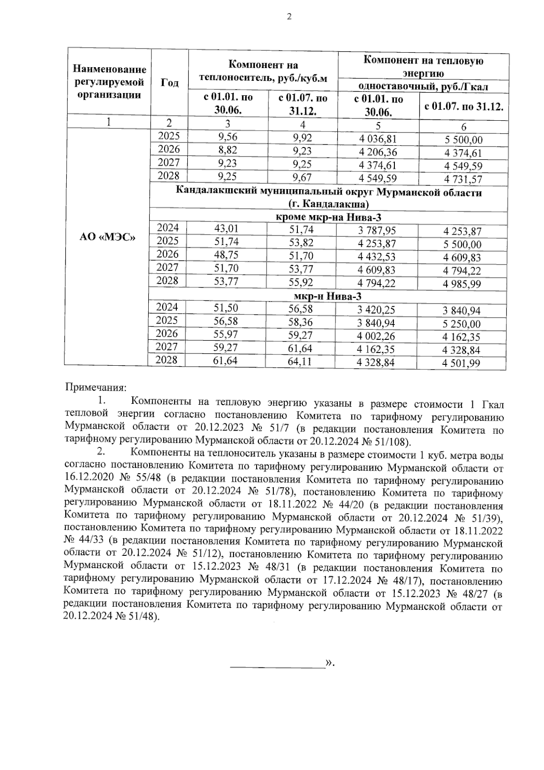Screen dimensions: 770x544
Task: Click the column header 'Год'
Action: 169,83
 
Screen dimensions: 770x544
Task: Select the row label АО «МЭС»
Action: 107,237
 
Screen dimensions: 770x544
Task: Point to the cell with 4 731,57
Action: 463,179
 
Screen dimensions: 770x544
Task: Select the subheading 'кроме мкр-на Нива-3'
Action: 328,218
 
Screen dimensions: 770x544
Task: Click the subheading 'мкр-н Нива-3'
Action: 328,297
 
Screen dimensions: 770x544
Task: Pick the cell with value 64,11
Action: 301,362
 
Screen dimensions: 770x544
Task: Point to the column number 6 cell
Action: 463,127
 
